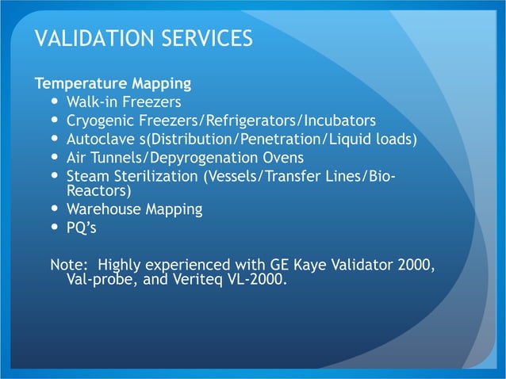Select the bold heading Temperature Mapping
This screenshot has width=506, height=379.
112,82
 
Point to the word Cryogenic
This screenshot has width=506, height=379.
101,121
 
